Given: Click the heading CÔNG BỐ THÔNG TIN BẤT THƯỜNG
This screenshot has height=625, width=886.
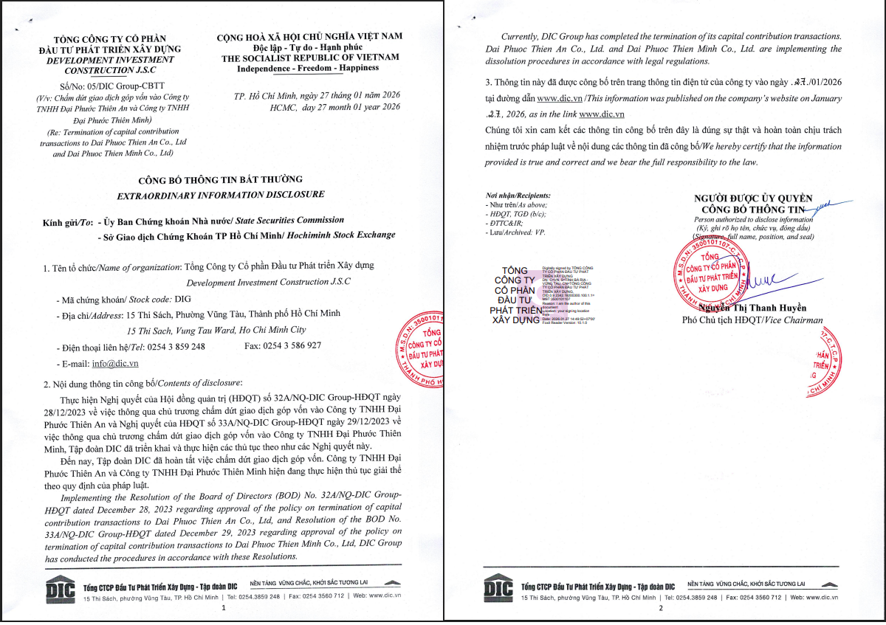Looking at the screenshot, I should coord(221,180).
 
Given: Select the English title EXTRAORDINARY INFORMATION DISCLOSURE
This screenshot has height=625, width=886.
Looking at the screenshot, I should coord(221,195).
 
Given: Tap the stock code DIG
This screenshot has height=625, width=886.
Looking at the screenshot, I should coord(182,300).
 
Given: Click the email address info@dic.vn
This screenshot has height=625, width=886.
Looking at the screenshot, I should coord(115,363).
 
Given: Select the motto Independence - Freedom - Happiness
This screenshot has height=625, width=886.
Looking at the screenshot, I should coord(308,68).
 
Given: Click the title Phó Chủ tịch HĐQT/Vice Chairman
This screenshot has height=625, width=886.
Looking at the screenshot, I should coord(752,320).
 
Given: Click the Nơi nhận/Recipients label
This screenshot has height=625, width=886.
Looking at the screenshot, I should coord(518,196).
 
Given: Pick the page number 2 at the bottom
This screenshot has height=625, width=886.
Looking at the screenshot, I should coord(661,609).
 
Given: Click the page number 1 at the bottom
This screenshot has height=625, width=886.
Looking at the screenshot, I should coord(223,609).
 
